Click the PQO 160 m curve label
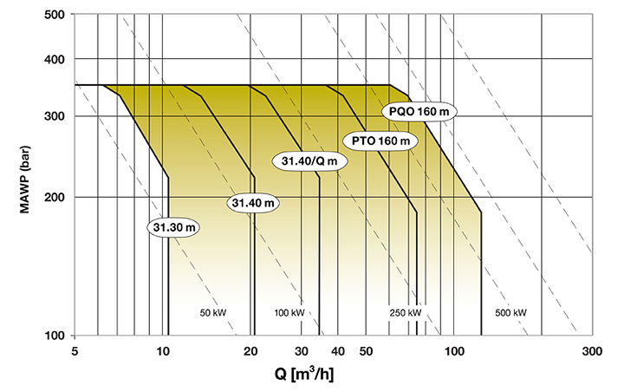419,112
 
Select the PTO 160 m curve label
380,141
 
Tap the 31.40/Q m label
309,161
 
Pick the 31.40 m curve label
253,203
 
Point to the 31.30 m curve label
174,227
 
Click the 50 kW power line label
213,313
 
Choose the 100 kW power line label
289,313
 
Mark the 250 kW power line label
405,313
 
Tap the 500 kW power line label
510,313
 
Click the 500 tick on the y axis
54,15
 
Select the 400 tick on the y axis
54,59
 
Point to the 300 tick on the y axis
54,116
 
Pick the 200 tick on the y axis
54,197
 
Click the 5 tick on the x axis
74,351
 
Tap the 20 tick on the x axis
250,351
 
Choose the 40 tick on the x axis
338,351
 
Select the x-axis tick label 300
592,351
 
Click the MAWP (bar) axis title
24,180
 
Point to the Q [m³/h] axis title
304,374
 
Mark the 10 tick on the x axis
163,351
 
